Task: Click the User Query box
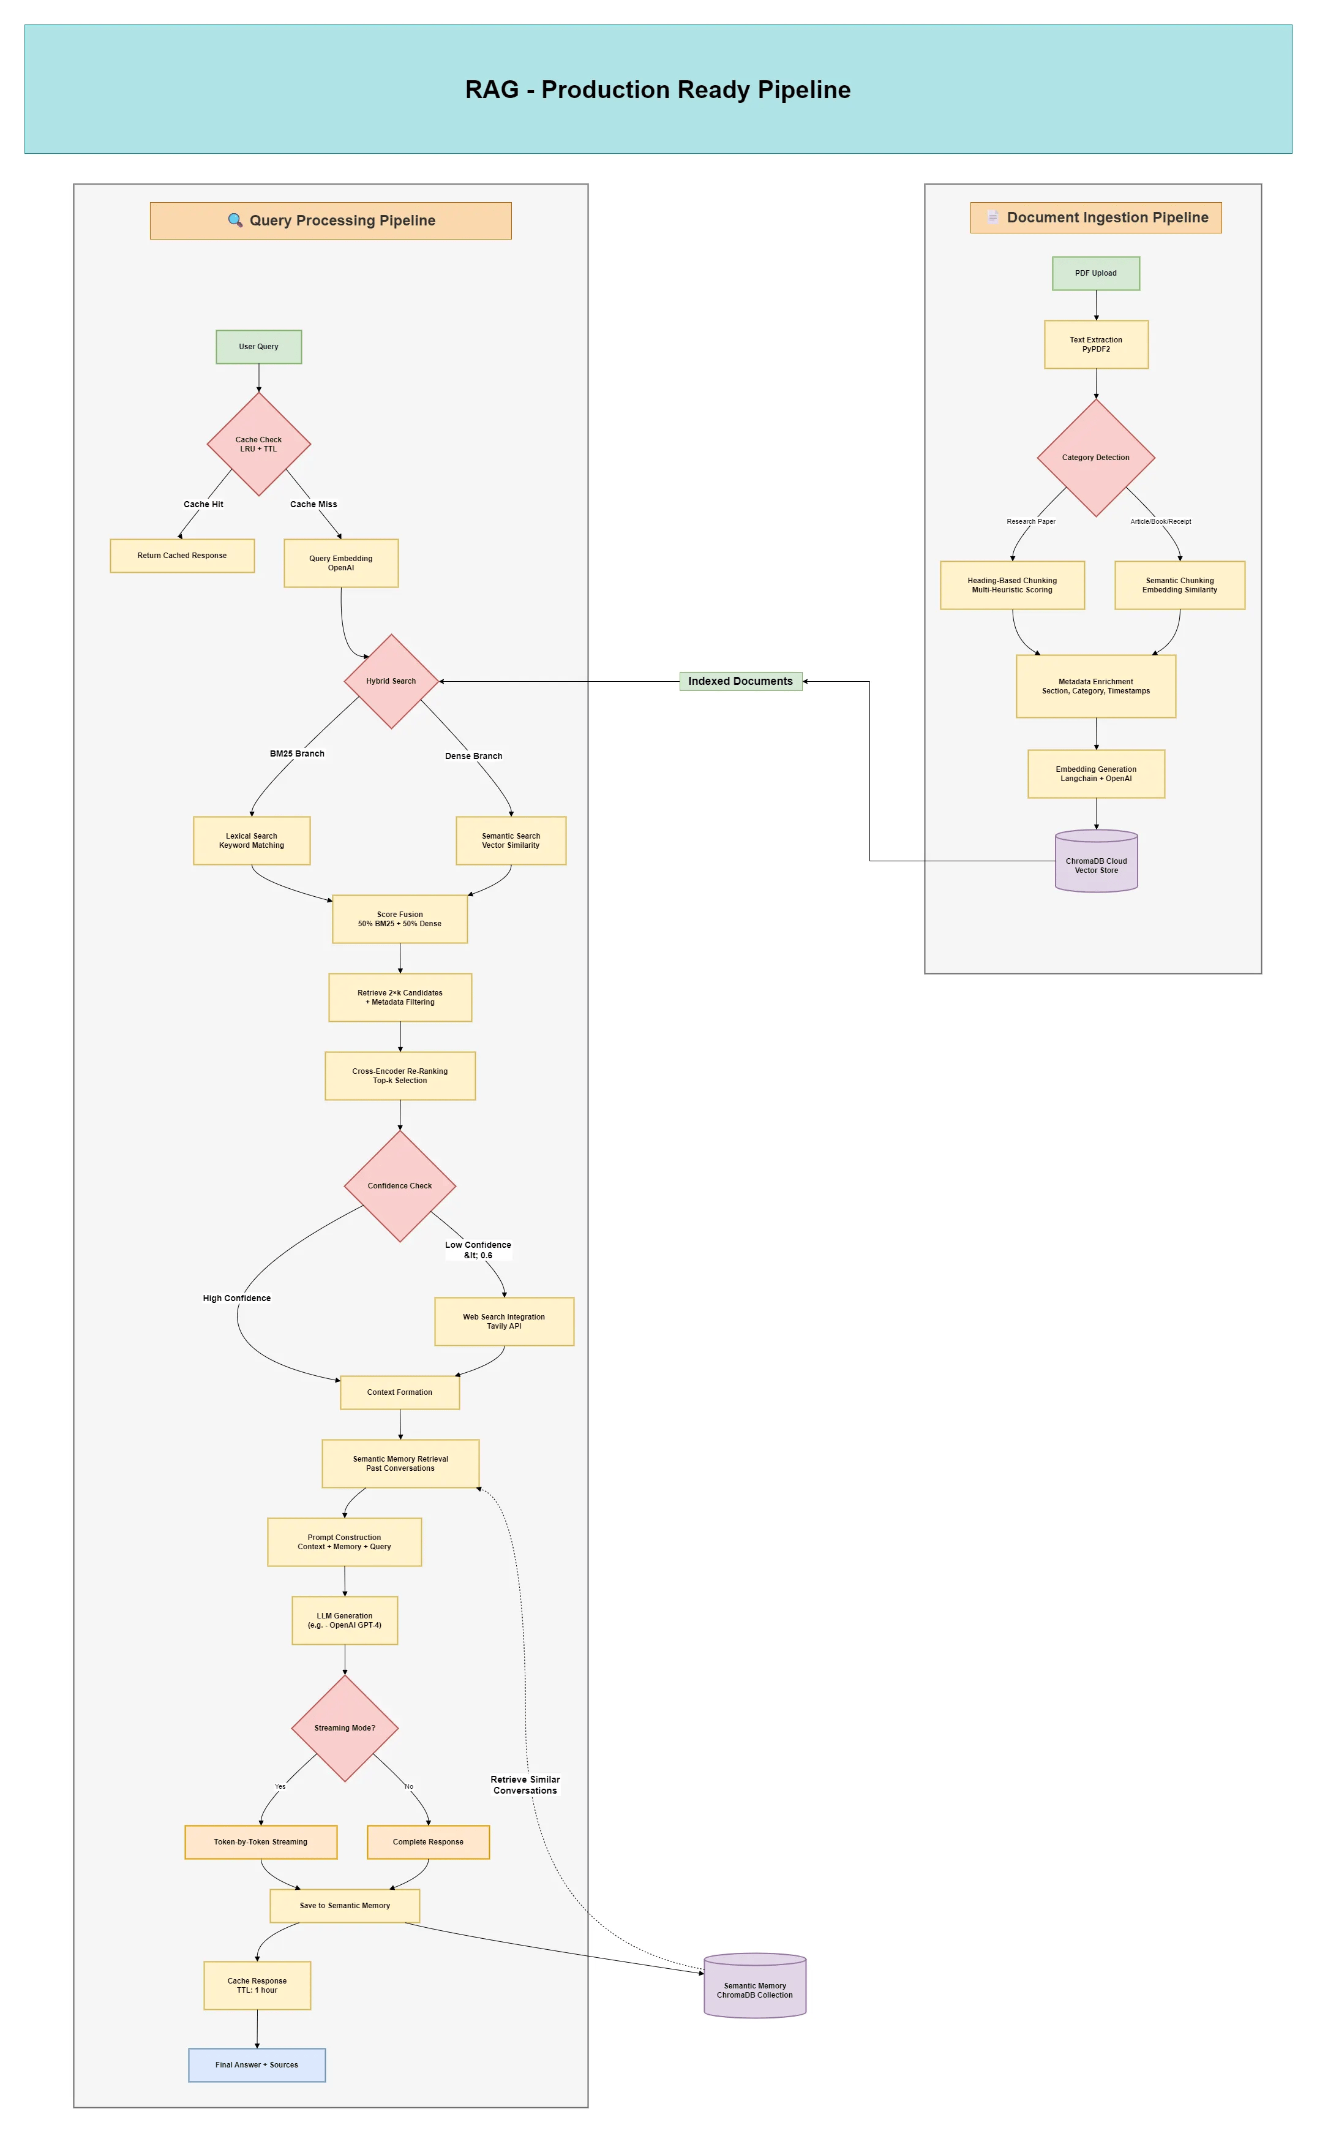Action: tap(259, 347)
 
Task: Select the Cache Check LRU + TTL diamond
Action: tap(259, 444)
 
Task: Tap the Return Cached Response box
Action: tap(182, 556)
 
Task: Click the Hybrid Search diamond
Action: tap(391, 681)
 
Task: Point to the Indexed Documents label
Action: tap(740, 681)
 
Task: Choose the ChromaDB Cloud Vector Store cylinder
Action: tap(1096, 863)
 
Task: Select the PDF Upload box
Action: tap(1096, 274)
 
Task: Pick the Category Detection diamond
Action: tap(1096, 458)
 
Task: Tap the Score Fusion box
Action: tap(400, 919)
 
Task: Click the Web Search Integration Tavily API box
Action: tap(505, 1322)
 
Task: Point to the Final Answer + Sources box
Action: tap(257, 2065)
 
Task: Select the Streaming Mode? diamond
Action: tap(345, 1728)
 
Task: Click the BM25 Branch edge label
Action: tap(297, 753)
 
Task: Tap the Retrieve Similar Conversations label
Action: tap(525, 1784)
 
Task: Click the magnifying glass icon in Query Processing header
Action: tap(235, 221)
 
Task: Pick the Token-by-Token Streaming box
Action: tap(260, 1842)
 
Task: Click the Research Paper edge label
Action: tap(1030, 522)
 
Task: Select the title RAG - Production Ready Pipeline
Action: tap(658, 90)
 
